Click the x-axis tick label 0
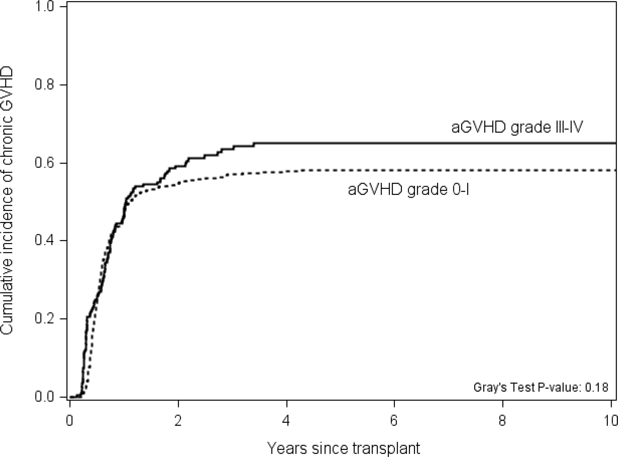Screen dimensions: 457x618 click(x=70, y=420)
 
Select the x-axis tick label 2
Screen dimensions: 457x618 click(x=178, y=420)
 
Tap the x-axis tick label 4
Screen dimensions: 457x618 click(x=286, y=420)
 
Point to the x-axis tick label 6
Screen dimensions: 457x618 click(x=394, y=420)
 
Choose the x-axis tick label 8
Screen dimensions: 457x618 click(x=503, y=420)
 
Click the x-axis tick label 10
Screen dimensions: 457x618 click(x=610, y=420)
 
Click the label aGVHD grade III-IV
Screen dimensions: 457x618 click(x=517, y=127)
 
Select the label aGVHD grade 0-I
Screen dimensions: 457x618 click(x=409, y=190)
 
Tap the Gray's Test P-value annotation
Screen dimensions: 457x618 click(x=541, y=387)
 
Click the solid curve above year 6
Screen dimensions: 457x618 click(x=394, y=143)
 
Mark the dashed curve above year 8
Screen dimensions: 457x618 click(x=503, y=170)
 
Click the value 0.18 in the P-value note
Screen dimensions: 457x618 click(x=597, y=387)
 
